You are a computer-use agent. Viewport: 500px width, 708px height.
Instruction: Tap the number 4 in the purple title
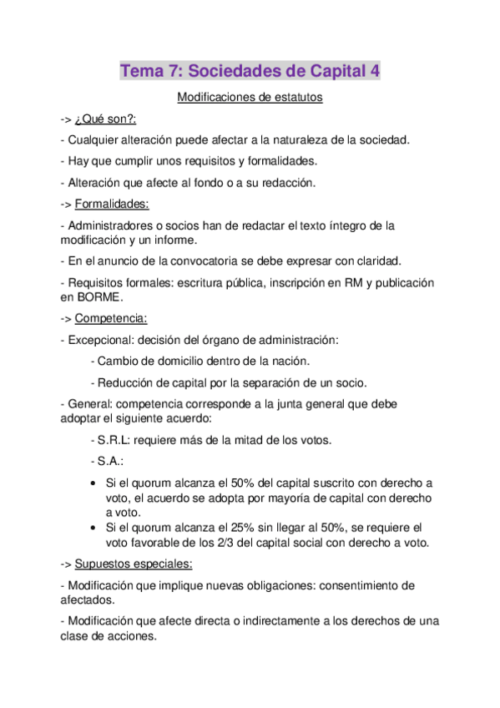tap(375, 72)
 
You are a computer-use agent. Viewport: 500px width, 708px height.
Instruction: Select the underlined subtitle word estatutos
tap(293, 98)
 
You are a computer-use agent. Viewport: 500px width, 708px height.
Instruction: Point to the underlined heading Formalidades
tap(112, 204)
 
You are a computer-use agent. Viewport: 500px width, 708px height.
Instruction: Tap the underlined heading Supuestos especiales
tap(134, 564)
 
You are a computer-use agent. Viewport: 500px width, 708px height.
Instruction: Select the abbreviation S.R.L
tap(115, 440)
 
